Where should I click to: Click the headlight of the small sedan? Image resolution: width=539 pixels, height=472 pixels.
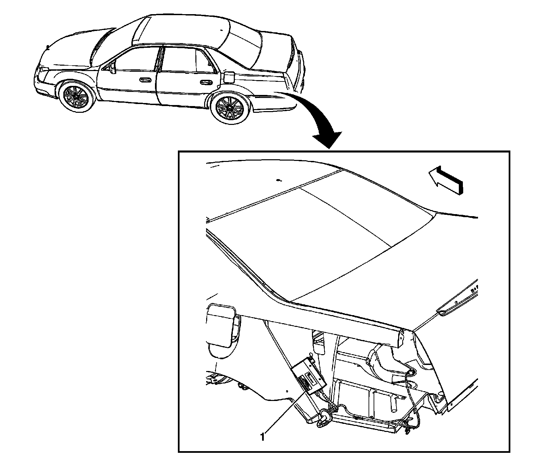(x=43, y=71)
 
